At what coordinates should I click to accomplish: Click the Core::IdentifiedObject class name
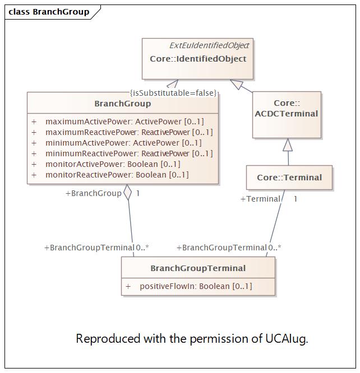pos(198,59)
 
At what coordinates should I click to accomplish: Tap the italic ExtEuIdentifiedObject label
pos(209,45)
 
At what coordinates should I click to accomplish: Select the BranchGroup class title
pos(123,104)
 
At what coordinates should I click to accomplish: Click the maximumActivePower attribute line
pos(118,122)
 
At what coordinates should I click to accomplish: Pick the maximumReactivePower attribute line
pos(122,132)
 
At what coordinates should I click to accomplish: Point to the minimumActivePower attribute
pos(117,143)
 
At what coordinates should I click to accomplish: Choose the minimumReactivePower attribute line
pos(122,153)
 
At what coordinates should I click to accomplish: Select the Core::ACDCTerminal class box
pos(287,115)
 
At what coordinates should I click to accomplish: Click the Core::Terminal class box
pos(289,178)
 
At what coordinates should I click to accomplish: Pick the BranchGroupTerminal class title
pos(198,268)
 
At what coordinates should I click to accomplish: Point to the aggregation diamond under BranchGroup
pos(128,192)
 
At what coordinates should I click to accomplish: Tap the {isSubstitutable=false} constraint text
pos(173,93)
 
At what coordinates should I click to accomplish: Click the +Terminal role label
pos(260,199)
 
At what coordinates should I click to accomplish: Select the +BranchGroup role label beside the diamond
pos(94,193)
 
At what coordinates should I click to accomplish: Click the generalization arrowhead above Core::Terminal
pos(288,144)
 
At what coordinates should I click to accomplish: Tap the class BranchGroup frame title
pos(49,12)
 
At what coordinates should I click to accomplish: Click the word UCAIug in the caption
pos(287,338)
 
